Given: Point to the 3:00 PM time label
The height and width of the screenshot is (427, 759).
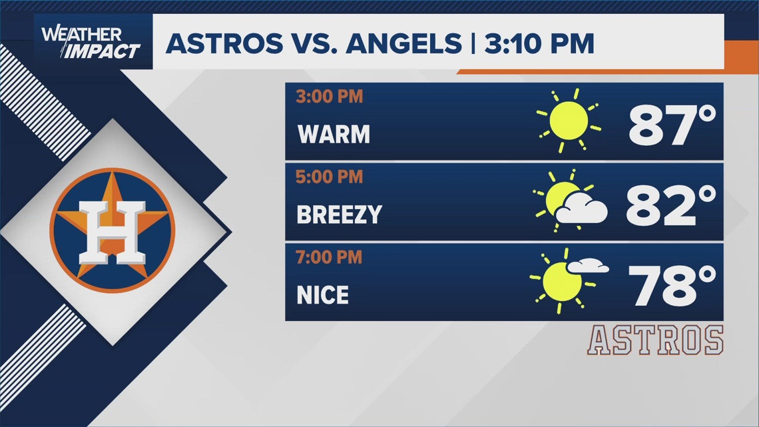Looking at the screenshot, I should tap(330, 97).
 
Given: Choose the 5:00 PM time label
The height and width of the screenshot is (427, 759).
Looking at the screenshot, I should tap(330, 177).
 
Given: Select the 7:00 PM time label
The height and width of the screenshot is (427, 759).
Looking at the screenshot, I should tap(330, 257).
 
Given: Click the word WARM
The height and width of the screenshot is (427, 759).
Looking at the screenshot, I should tap(334, 135).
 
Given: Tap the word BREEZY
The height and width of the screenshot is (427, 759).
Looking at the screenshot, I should tap(340, 214).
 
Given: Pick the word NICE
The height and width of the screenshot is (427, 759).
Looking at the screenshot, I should tap(323, 294).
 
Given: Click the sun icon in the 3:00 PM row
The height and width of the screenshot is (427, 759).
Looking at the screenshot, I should tap(568, 121).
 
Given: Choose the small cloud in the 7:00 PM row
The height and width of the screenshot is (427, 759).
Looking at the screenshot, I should tap(588, 266).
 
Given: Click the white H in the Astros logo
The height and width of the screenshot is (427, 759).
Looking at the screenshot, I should tap(111, 230).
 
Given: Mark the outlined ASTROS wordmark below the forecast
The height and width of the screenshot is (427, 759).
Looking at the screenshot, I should tap(655, 340).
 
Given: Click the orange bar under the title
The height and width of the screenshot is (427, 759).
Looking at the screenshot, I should tap(589, 71).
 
